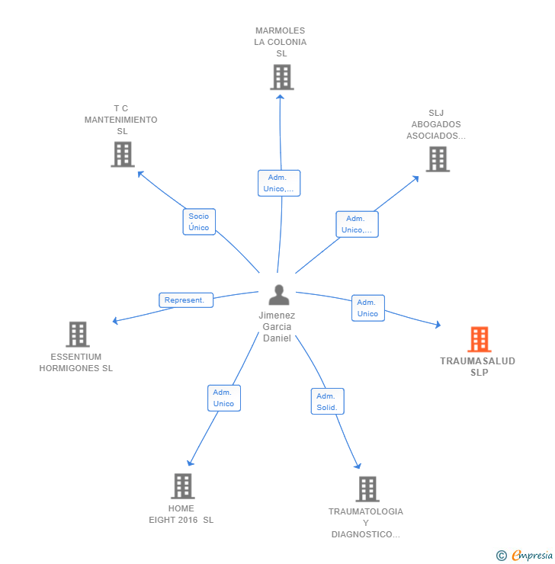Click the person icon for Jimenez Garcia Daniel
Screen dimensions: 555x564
point(279,294)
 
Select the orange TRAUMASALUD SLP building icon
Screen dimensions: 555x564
point(479,339)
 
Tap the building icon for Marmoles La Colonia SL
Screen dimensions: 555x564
point(281,77)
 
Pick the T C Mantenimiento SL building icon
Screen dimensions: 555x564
point(122,154)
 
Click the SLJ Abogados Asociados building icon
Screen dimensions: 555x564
point(437,159)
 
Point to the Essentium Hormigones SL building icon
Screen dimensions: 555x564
point(77,334)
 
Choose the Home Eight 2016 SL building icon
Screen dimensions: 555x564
point(182,485)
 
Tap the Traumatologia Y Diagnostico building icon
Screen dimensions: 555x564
point(367,489)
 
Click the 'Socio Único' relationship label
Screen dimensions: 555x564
point(199,222)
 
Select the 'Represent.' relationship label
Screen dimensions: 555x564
point(185,300)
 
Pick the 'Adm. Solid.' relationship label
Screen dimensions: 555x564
point(327,402)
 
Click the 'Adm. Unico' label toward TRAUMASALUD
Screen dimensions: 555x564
point(367,308)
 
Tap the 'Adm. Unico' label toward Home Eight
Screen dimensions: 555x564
point(223,398)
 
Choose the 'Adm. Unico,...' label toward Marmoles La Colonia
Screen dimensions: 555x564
point(278,183)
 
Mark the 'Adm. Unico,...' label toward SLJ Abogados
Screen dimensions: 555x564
point(357,224)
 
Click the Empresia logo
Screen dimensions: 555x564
point(532,556)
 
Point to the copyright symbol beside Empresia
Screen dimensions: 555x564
point(501,556)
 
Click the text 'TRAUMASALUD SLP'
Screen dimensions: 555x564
point(478,367)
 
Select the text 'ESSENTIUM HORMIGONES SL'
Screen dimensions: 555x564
point(76,362)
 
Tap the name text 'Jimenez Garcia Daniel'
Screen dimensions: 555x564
point(277,326)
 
